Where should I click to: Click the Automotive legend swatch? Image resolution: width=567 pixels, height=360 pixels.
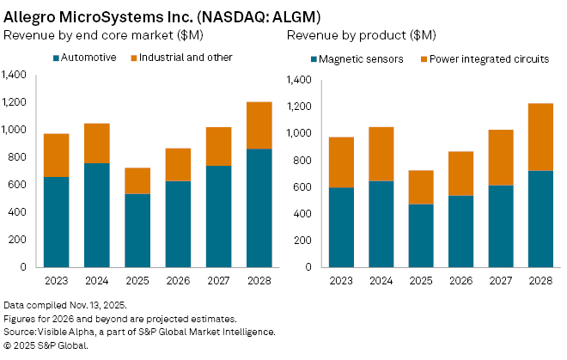coord(57,58)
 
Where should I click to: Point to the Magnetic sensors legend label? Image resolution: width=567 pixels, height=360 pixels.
coord(355,59)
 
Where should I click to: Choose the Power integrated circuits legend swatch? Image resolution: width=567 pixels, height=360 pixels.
coord(424,59)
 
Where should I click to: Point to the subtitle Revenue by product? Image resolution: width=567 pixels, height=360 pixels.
coord(361,35)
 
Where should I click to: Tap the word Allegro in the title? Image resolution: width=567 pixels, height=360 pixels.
coord(31,15)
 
